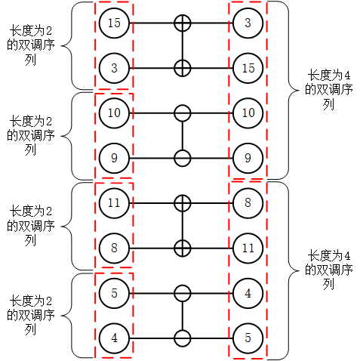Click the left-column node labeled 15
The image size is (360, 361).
[x=114, y=23]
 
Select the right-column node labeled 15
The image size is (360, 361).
[x=248, y=68]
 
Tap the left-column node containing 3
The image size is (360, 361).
[x=114, y=68]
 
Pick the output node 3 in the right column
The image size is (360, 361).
[x=248, y=23]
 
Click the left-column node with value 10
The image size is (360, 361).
[x=114, y=113]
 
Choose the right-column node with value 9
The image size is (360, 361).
[x=248, y=158]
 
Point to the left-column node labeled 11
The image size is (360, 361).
[x=114, y=202]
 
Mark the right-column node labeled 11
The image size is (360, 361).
[x=248, y=247]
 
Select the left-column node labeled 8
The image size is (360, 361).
[x=114, y=247]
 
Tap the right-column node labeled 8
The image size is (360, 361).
[x=248, y=202]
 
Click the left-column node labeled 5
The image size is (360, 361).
[x=114, y=292]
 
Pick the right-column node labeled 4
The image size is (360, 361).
[x=248, y=292]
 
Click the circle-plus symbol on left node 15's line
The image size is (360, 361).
[x=182, y=23]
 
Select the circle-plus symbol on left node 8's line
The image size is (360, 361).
[x=182, y=247]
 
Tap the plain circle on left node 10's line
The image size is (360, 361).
[x=182, y=113]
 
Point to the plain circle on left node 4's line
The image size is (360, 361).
[x=182, y=337]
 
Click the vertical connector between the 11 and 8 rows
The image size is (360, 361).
[x=182, y=225]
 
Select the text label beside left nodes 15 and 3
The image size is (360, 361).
[x=31, y=45]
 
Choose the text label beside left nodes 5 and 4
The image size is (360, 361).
[x=31, y=313]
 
